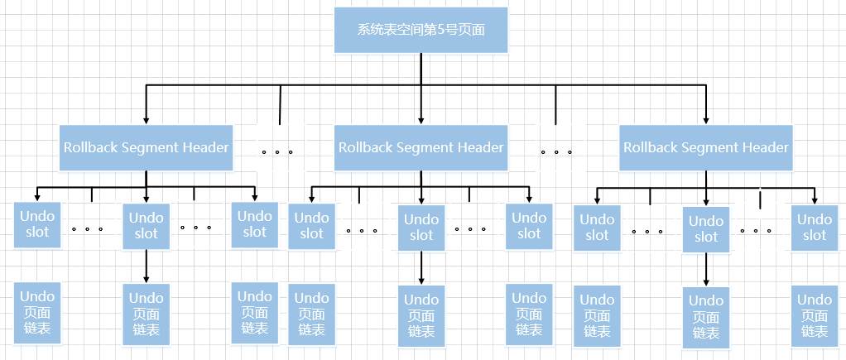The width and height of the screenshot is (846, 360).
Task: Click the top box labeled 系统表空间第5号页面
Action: (x=421, y=30)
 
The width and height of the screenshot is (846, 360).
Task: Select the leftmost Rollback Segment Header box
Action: (x=146, y=147)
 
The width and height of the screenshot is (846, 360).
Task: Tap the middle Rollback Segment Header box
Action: (x=421, y=147)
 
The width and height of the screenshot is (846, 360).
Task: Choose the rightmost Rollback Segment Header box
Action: (x=706, y=147)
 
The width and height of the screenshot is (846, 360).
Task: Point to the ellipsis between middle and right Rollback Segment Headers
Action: (x=556, y=152)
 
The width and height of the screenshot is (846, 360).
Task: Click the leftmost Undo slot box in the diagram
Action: (x=37, y=224)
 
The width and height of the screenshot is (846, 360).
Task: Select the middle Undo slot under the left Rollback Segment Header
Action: (x=147, y=226)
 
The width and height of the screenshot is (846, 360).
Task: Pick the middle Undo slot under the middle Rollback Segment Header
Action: (x=421, y=227)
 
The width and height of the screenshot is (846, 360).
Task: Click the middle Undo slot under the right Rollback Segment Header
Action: (x=706, y=229)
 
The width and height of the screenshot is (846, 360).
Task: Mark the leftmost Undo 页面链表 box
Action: (x=37, y=313)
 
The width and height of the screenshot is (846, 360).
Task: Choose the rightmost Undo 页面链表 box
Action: (x=815, y=315)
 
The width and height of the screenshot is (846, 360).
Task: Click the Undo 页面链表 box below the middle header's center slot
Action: (x=421, y=315)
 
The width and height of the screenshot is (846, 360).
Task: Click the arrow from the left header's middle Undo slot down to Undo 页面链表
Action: (x=147, y=266)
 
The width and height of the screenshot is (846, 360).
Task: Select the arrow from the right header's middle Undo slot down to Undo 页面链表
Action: (x=706, y=270)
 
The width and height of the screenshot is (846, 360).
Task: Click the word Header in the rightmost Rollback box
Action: (x=766, y=147)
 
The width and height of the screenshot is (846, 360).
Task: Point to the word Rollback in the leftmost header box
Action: (x=91, y=147)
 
